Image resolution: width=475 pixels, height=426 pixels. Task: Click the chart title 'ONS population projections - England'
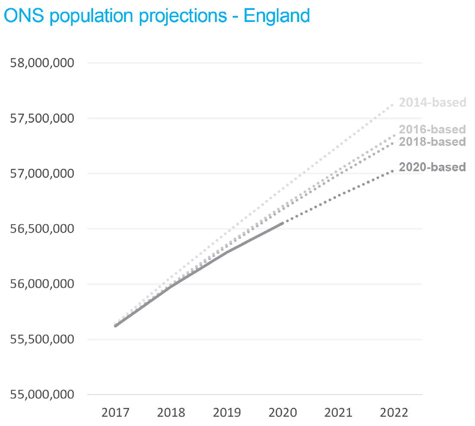[156, 15]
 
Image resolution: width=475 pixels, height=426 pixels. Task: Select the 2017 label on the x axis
[116, 413]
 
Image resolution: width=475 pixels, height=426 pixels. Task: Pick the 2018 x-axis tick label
[171, 413]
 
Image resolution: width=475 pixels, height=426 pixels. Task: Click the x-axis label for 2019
[227, 413]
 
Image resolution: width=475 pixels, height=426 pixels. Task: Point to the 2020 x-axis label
[283, 413]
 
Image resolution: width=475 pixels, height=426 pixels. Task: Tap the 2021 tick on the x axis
[338, 413]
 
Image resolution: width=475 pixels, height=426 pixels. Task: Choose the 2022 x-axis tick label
[394, 413]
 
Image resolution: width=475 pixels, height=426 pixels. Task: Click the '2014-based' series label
[432, 102]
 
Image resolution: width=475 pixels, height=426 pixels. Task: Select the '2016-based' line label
[432, 129]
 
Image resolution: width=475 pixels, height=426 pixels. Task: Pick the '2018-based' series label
[432, 142]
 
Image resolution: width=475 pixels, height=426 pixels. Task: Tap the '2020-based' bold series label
[432, 167]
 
